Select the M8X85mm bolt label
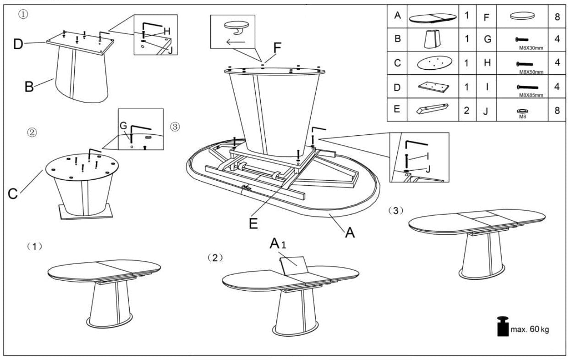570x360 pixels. (x=531, y=95)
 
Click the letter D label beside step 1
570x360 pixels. (x=18, y=44)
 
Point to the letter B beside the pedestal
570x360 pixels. (x=29, y=86)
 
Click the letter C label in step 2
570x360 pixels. (x=14, y=194)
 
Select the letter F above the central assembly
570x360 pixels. (x=278, y=47)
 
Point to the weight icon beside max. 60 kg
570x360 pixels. (x=503, y=326)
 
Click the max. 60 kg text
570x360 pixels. (x=529, y=330)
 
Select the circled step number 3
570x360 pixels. (x=175, y=126)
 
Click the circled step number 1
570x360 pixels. (x=23, y=14)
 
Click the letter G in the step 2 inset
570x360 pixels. (x=123, y=125)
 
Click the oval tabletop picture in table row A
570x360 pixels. (x=433, y=17)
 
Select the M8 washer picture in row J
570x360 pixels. (x=521, y=111)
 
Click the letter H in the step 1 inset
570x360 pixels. (x=167, y=31)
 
